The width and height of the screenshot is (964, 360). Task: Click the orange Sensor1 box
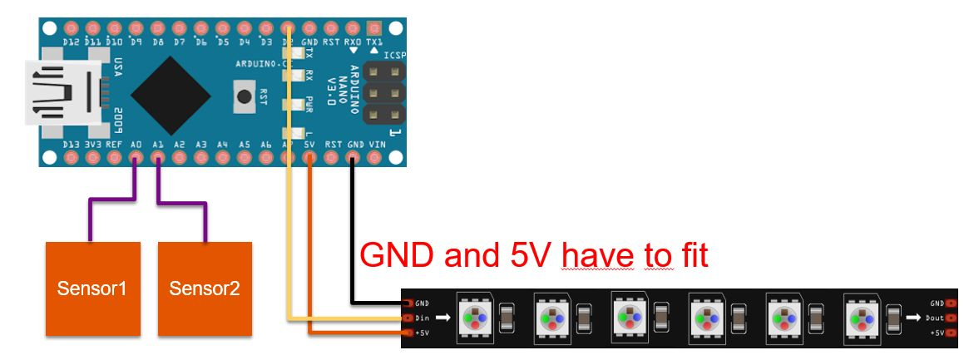pyautogui.click(x=92, y=288)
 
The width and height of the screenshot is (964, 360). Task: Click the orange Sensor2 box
pyautogui.click(x=205, y=288)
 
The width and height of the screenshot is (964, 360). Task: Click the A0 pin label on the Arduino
pyautogui.click(x=135, y=144)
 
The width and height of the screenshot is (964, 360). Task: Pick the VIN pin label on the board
pyautogui.click(x=376, y=144)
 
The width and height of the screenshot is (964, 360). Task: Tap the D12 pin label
pyautogui.click(x=71, y=42)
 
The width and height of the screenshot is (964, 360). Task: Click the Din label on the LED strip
pyautogui.click(x=422, y=318)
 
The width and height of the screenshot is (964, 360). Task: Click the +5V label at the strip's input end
pyautogui.click(x=422, y=333)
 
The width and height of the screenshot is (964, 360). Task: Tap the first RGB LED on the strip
pyautogui.click(x=474, y=318)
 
